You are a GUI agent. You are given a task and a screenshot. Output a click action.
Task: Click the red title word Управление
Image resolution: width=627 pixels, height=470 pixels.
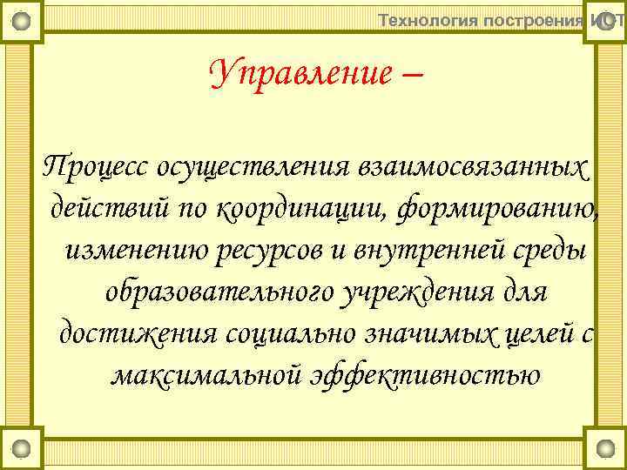300,73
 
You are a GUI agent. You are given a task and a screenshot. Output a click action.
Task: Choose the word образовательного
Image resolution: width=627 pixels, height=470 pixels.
217,292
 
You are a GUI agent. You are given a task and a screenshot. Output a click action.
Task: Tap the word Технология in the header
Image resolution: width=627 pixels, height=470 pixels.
428,20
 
